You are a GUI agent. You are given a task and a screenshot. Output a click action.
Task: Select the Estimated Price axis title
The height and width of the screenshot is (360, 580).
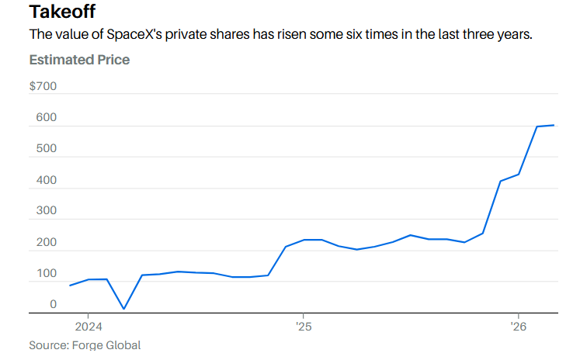coord(79,60)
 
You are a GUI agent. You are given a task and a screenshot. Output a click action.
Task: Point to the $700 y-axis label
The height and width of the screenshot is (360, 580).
coord(43,86)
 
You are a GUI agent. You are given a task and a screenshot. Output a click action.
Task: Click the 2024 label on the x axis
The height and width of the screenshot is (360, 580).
coord(89,327)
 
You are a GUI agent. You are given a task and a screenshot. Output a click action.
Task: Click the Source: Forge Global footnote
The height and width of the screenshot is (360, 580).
coord(85,345)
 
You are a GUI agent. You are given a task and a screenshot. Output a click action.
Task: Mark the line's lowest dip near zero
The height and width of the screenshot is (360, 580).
coord(124,309)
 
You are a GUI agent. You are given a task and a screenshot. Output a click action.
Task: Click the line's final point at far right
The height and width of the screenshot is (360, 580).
coord(554,125)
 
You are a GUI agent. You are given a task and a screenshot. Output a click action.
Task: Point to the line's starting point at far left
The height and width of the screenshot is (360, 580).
coord(70,286)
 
